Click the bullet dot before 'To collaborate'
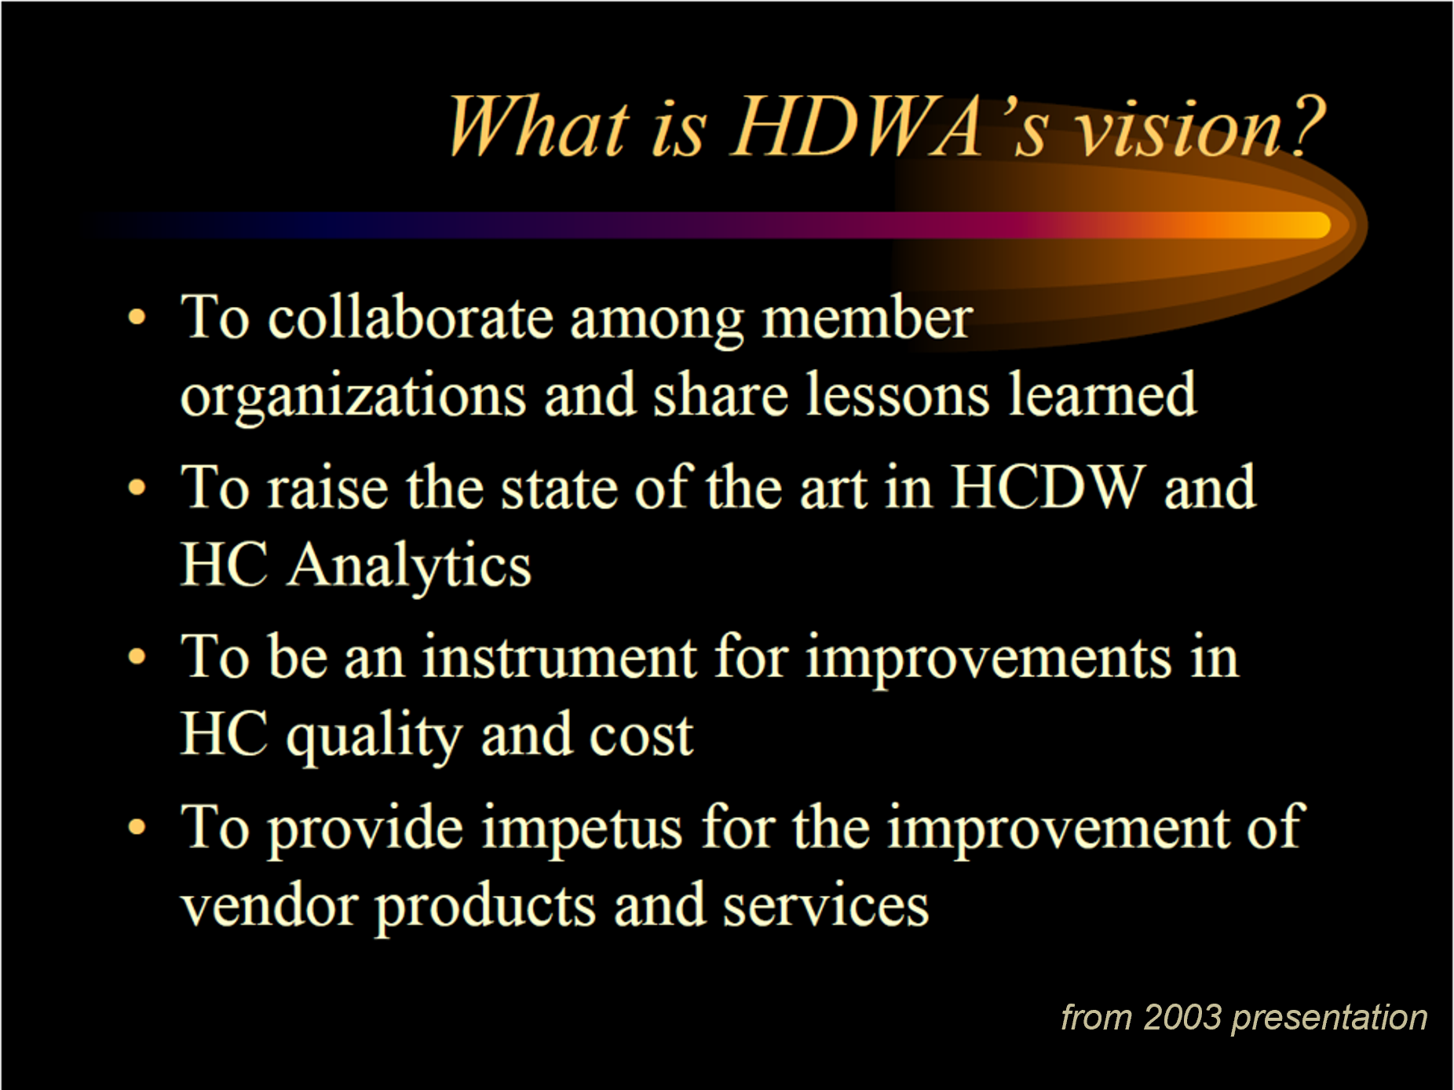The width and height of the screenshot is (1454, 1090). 137,317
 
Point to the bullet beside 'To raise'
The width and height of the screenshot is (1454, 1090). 137,488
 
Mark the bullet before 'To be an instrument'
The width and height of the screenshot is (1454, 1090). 137,657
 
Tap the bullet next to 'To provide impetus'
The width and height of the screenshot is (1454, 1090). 137,827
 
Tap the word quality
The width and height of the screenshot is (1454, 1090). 374,737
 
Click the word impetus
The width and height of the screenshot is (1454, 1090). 582,829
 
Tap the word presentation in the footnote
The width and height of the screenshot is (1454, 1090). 1329,1019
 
